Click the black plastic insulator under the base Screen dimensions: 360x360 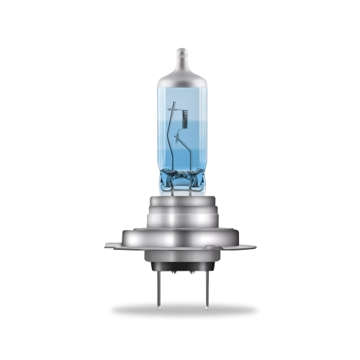point(180,268)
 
